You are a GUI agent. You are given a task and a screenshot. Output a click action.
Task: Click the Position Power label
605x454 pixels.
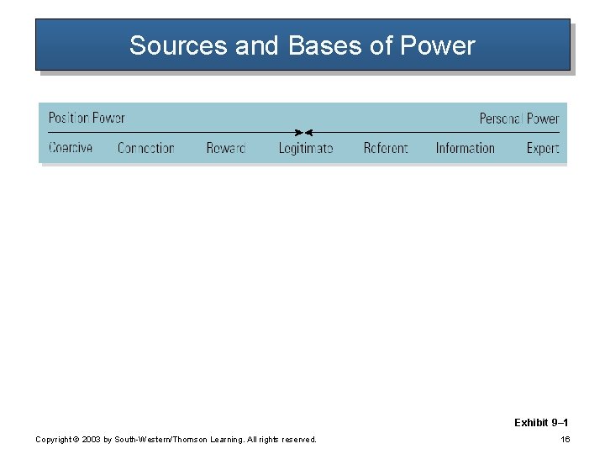(x=87, y=118)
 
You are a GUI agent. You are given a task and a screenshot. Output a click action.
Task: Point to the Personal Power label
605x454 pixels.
(x=518, y=119)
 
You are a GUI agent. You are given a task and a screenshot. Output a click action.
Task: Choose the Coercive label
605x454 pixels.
(x=71, y=148)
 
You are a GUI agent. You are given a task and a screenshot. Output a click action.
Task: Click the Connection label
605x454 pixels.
(x=145, y=148)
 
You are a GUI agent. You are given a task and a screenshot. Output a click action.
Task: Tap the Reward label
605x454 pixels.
(x=225, y=148)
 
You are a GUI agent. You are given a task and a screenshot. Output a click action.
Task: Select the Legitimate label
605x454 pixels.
(x=306, y=148)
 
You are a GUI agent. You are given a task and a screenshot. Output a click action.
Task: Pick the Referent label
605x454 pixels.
(x=386, y=148)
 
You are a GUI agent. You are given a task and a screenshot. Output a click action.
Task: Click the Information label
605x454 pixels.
(x=465, y=148)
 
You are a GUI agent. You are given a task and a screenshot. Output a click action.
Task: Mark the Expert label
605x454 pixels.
(x=542, y=148)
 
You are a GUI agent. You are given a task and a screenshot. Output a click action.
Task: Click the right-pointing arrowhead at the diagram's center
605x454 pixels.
(x=297, y=133)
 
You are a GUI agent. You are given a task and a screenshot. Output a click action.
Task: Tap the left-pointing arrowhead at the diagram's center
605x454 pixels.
(x=308, y=133)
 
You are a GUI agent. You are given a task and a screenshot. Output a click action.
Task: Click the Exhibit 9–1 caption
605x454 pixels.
(x=540, y=423)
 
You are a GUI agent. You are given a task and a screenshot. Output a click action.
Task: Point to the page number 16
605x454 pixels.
(x=566, y=439)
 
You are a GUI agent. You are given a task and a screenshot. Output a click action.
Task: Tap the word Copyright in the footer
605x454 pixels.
(x=53, y=440)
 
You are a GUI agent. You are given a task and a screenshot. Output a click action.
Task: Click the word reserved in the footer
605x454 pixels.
(x=298, y=440)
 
